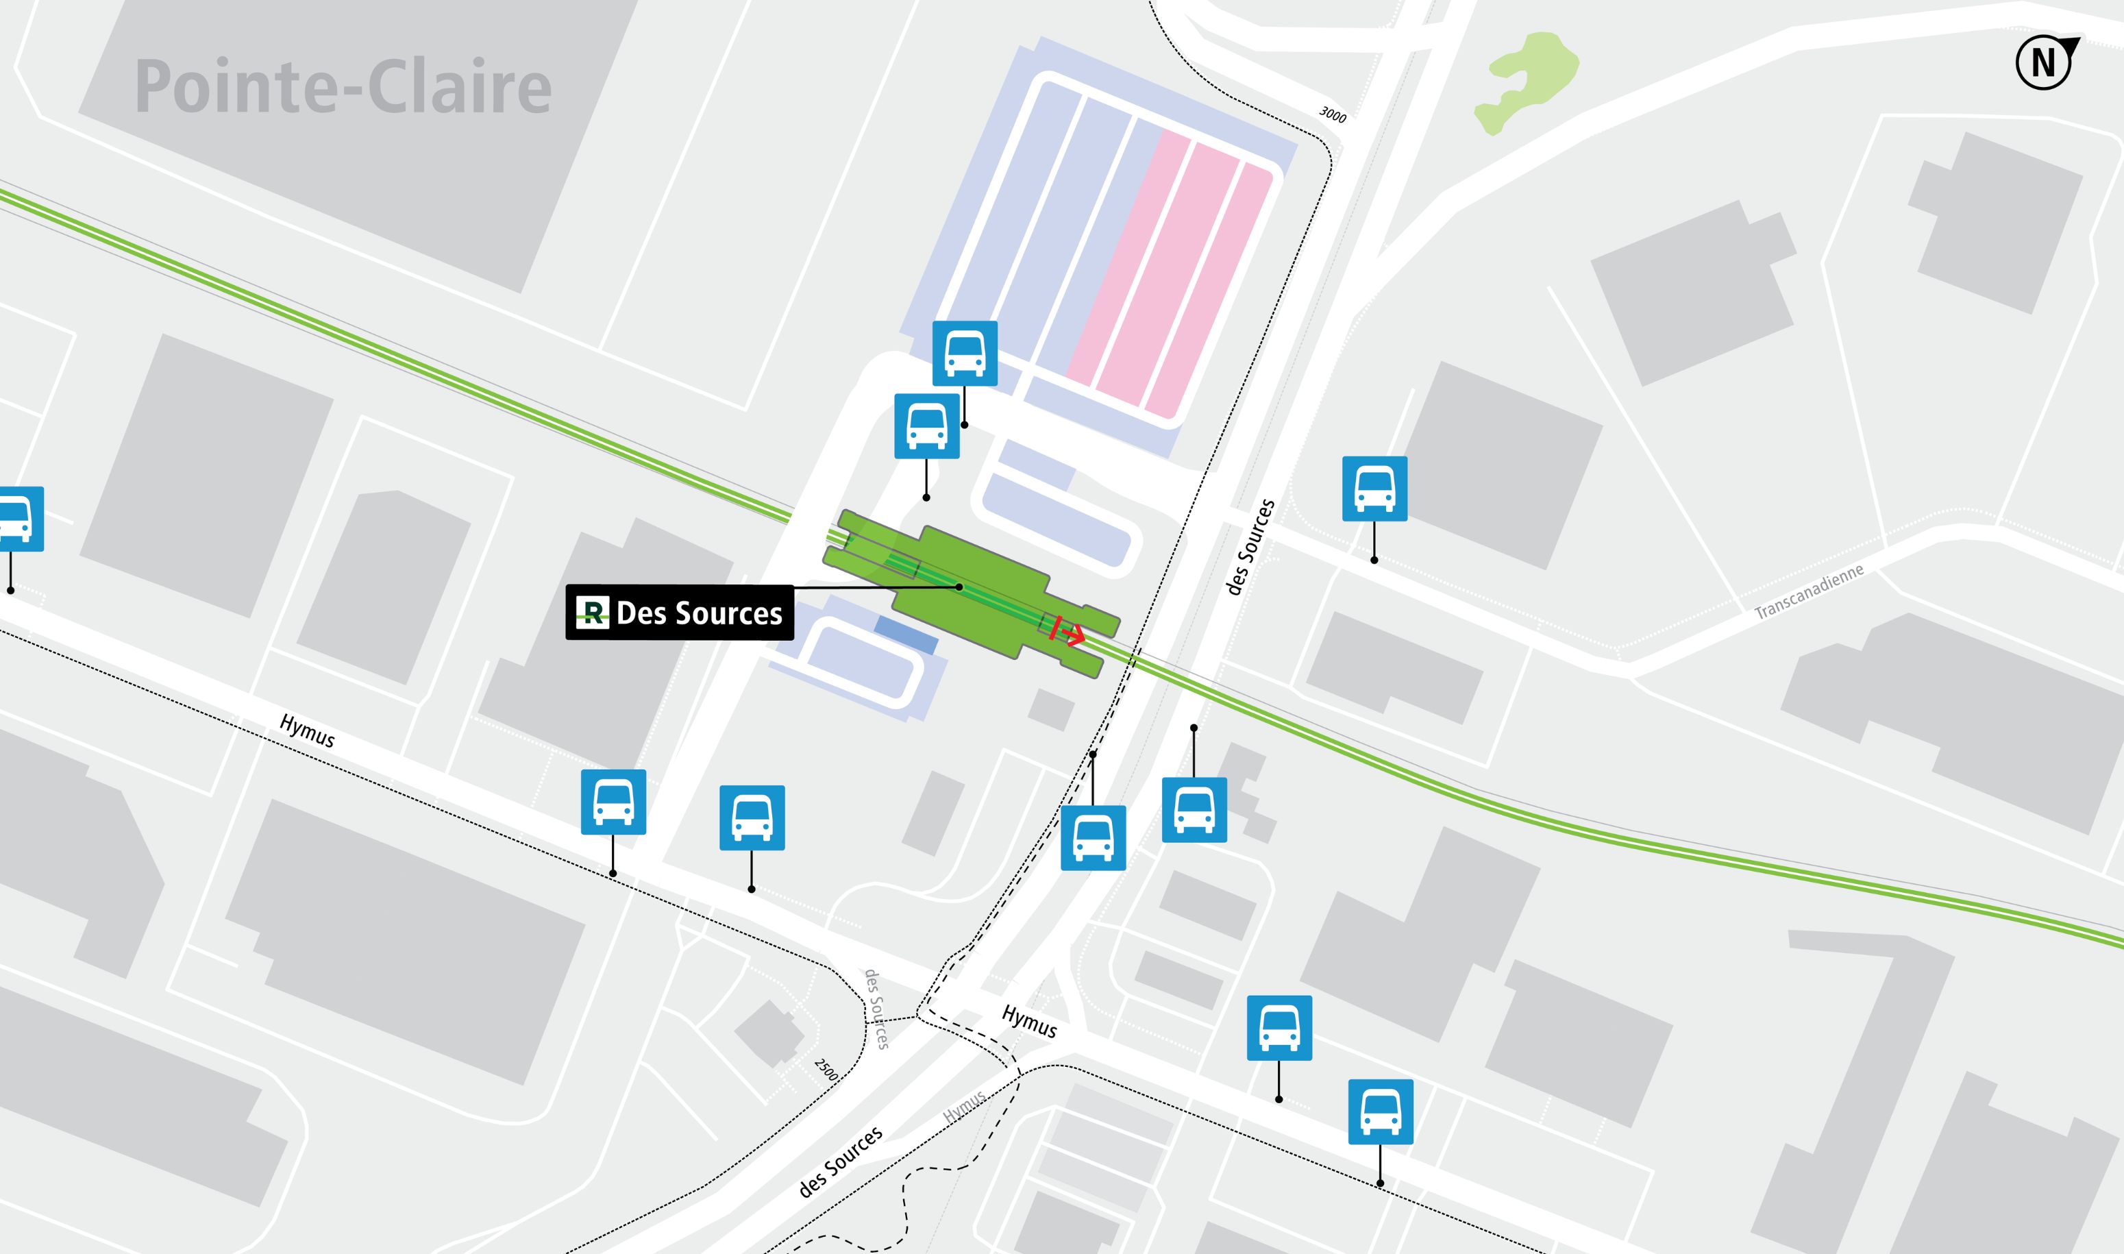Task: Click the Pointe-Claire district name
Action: [343, 87]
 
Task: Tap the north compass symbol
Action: [2045, 62]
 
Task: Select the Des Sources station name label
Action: [699, 613]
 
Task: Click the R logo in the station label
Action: [592, 612]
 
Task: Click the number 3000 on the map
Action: [1333, 114]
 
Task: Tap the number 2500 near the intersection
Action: [826, 1070]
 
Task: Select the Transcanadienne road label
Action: [1809, 592]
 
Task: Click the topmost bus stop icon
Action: [965, 353]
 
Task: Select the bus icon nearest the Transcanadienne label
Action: [1374, 489]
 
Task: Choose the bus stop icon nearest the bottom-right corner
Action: [1381, 1112]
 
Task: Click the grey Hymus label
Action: [964, 1106]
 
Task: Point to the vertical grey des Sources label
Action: [877, 1009]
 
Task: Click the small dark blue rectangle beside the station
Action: [906, 634]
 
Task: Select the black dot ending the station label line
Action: [959, 587]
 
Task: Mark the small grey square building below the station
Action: [1051, 709]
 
